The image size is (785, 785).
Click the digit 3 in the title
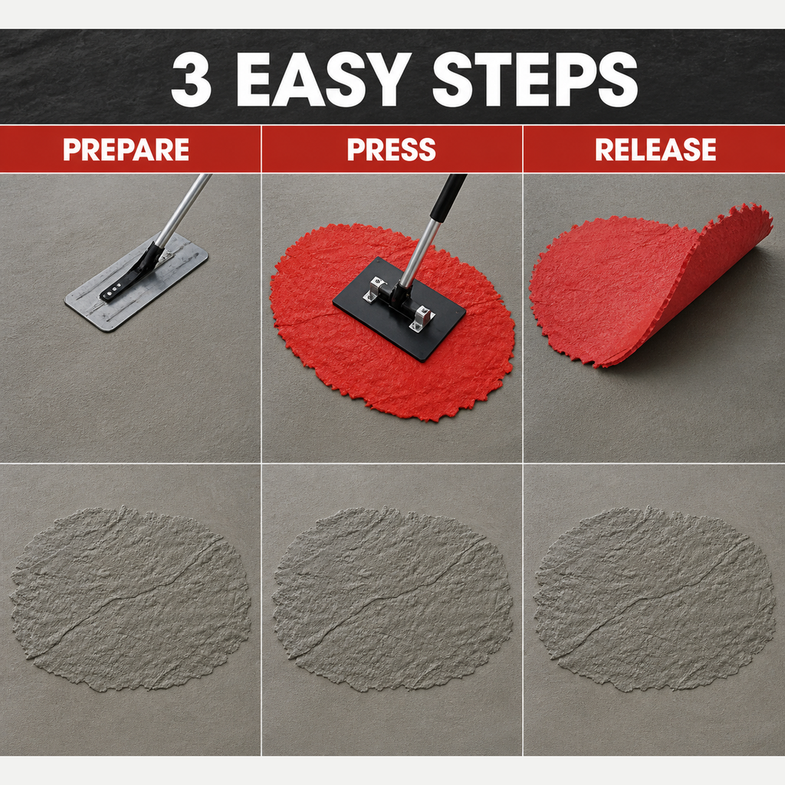click(x=191, y=79)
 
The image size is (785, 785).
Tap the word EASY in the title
click(x=320, y=79)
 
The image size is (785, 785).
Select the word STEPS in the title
click(x=534, y=79)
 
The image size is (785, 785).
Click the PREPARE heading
click(x=126, y=149)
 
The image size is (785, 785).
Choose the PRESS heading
click(x=392, y=149)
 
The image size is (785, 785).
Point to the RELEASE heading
click(x=655, y=149)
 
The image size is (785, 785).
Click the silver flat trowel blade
click(x=136, y=281)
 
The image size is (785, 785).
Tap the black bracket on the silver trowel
click(x=131, y=274)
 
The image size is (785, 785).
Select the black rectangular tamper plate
click(x=399, y=309)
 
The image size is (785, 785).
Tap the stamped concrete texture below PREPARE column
click(x=130, y=598)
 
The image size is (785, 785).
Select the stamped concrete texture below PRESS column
click(x=392, y=598)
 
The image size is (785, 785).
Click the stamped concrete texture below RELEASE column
click(x=655, y=598)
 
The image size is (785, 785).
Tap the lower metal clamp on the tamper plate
click(x=422, y=318)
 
